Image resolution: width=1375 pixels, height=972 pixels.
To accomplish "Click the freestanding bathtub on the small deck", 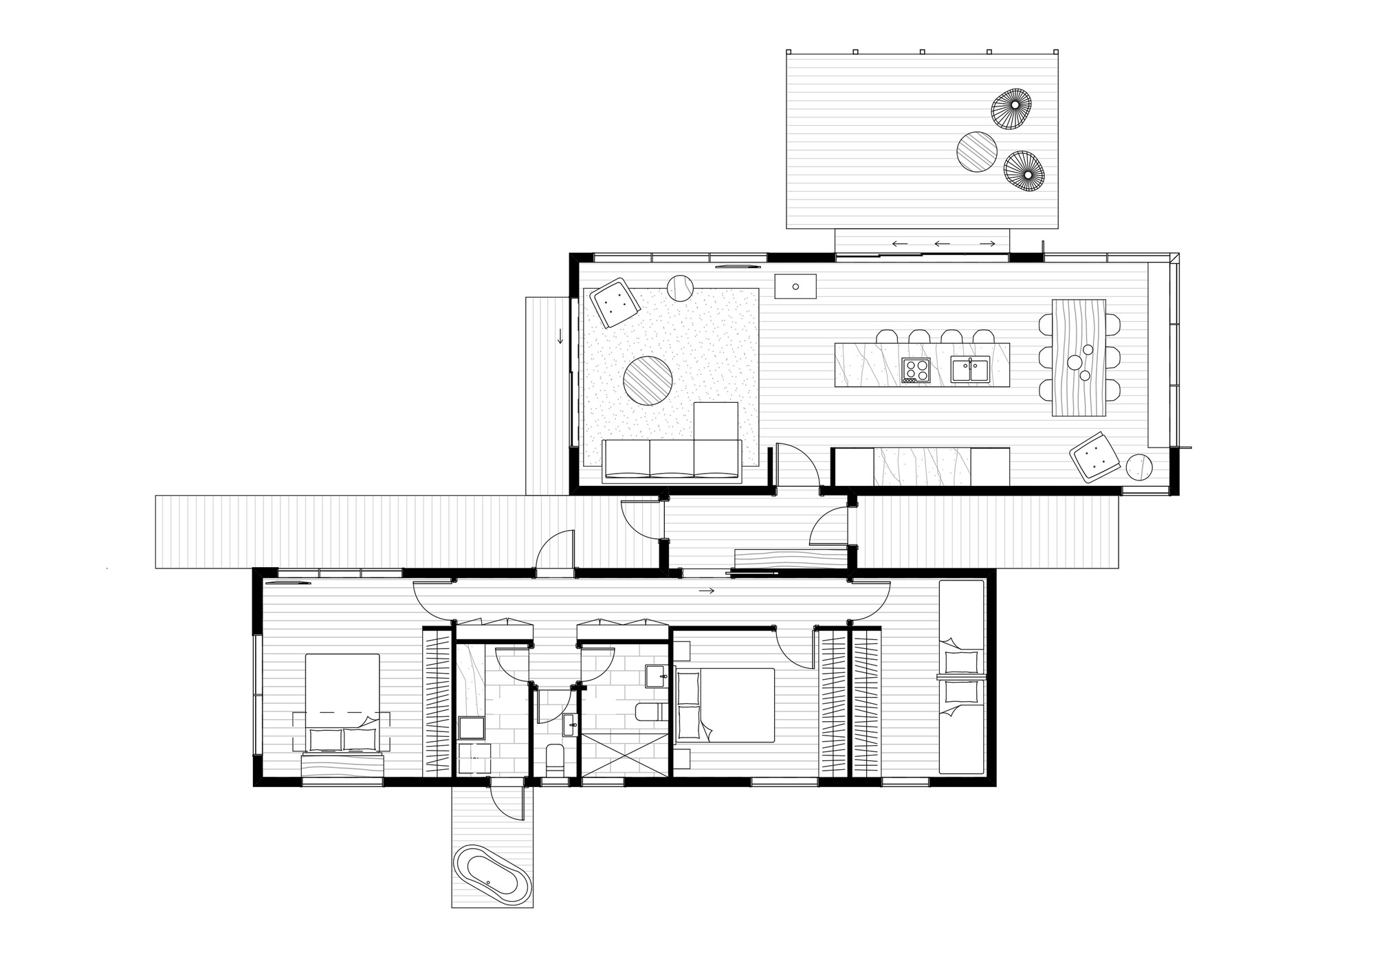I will (x=491, y=874).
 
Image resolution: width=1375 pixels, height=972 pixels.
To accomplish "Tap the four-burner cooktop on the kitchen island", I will (x=916, y=370).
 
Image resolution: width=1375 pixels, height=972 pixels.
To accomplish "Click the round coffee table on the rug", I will (x=648, y=380).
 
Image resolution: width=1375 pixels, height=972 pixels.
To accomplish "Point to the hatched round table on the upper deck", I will (x=978, y=151).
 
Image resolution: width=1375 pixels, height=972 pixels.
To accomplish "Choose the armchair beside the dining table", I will (x=1096, y=457).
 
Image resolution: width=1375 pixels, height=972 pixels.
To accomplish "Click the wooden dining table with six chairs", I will (x=1079, y=357).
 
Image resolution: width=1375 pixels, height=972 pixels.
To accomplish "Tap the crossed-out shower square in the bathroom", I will (x=625, y=755).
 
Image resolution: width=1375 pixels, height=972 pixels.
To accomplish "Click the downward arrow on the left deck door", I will (x=560, y=337).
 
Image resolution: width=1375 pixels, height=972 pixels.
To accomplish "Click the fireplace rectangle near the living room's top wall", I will (x=795, y=286).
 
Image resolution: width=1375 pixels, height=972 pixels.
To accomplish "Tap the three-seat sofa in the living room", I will (x=671, y=459).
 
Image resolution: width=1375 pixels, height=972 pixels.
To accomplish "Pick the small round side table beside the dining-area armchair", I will (x=1139, y=467).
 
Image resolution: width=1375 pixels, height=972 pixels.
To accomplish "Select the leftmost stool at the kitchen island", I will (x=887, y=337).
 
